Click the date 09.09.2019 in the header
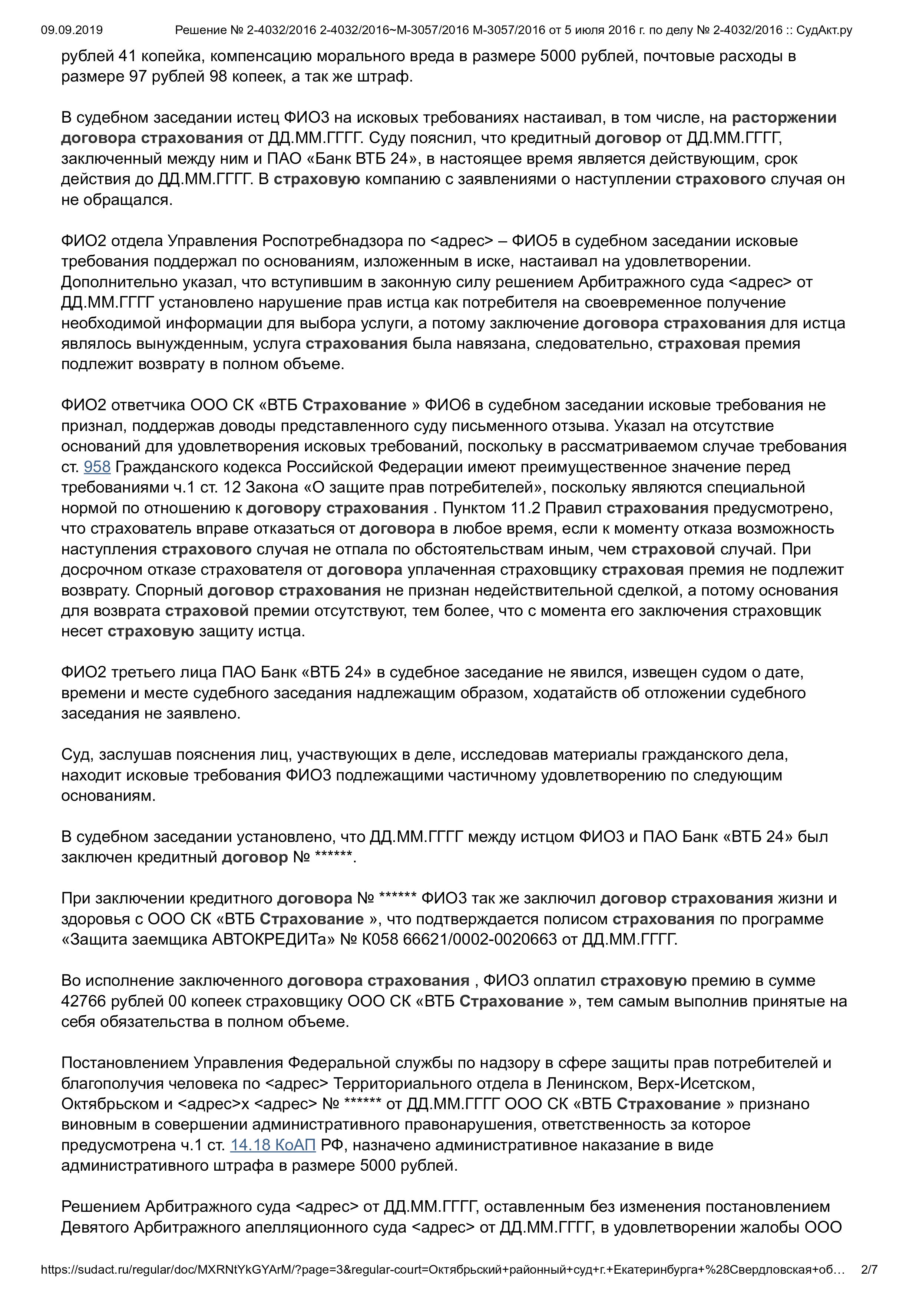pos(72,30)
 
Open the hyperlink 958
pos(97,467)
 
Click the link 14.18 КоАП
pos(272,1145)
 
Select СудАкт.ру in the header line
pos(824,30)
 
